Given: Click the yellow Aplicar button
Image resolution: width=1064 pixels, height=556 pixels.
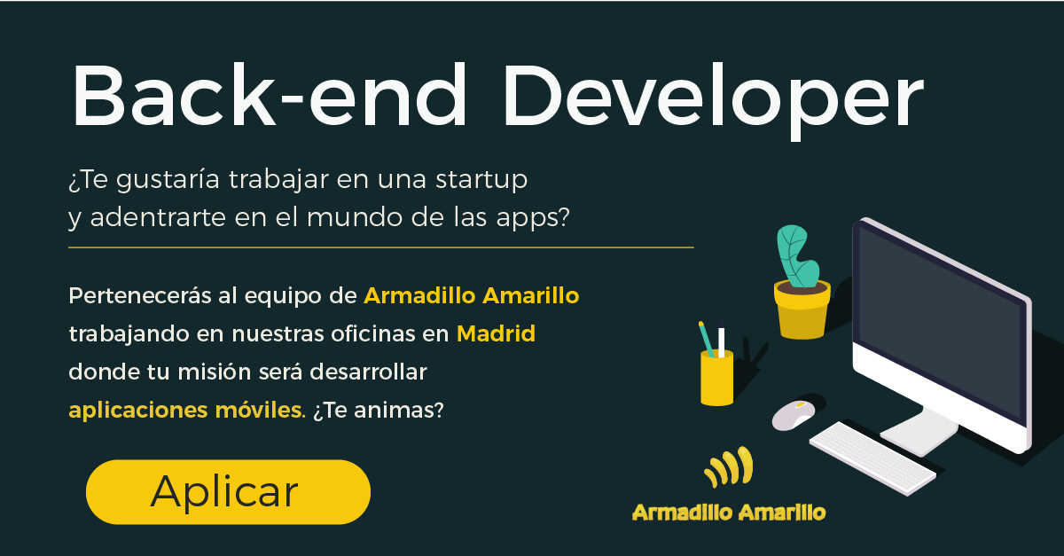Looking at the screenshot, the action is (228, 492).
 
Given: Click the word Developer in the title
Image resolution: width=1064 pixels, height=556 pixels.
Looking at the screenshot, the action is (714, 101).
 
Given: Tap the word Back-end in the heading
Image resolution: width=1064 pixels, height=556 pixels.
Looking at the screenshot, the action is (269, 95).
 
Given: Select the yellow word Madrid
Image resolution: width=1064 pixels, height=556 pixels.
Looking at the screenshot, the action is (496, 333).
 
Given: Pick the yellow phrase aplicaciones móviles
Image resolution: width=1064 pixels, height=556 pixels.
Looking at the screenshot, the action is (187, 410).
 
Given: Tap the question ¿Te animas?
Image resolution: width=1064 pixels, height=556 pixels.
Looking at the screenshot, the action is (378, 410).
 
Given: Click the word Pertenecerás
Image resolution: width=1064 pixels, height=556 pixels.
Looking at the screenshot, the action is (140, 295).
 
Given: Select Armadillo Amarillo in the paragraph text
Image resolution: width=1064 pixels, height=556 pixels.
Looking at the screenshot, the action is (471, 295).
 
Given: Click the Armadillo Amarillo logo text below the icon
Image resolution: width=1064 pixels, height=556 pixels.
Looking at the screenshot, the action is (729, 513).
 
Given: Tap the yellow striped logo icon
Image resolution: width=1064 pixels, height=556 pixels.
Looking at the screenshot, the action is (729, 467).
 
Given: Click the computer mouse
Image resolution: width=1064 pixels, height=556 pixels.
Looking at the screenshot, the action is (794, 415).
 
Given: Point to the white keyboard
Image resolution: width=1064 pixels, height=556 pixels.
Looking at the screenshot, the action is (872, 458).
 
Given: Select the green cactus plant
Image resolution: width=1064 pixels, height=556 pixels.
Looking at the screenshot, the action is (797, 256).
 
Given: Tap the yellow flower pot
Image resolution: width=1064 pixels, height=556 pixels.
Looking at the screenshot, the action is (802, 309).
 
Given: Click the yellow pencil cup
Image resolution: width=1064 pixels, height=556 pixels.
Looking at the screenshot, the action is (716, 378).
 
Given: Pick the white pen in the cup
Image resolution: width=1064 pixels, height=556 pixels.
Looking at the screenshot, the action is (721, 338).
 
